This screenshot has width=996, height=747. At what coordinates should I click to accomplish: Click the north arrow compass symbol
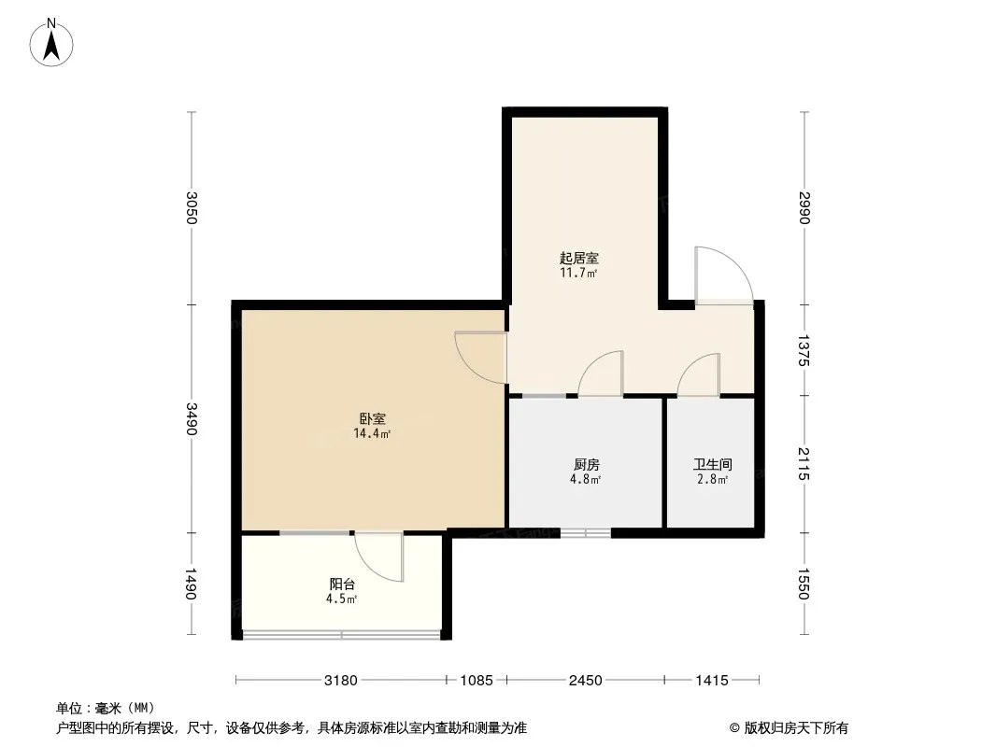point(51,42)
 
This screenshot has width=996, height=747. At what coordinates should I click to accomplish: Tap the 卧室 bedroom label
point(373,419)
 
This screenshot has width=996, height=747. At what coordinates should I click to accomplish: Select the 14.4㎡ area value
point(372,434)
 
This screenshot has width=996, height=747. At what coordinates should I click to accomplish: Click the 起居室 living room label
point(578,259)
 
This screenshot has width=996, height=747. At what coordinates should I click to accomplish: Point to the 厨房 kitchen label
point(586,465)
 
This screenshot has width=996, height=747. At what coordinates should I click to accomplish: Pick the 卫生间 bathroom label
point(712,465)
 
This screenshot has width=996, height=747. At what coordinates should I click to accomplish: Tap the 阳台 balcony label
point(342,584)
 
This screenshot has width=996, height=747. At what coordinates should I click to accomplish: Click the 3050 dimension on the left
point(192,207)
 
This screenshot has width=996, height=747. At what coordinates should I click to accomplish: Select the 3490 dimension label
point(192,419)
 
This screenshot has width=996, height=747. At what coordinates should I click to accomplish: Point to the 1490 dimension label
point(192,584)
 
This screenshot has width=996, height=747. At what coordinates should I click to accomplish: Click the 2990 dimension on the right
point(804,207)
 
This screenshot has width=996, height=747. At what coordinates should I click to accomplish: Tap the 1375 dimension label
point(804,350)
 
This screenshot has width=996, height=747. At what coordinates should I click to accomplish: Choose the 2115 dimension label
point(804,464)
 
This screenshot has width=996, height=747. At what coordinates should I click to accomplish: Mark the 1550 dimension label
point(804,584)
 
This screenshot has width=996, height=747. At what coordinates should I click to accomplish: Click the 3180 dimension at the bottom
point(341,681)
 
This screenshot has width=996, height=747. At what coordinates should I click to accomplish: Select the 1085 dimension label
point(477,681)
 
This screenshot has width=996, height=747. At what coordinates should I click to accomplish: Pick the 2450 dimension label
point(585,681)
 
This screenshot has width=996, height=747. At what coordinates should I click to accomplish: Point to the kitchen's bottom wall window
point(586,533)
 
